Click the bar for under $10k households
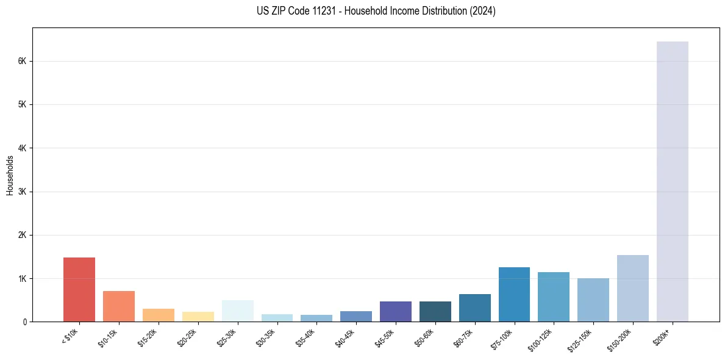tap(79, 290)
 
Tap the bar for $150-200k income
tap(632, 289)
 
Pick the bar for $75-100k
tap(514, 295)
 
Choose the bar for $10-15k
tap(119, 306)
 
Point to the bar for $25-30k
tap(237, 311)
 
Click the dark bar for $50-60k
tap(435, 312)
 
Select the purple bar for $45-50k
tap(395, 312)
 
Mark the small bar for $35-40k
tap(316, 318)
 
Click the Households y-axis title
tap(10, 175)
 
